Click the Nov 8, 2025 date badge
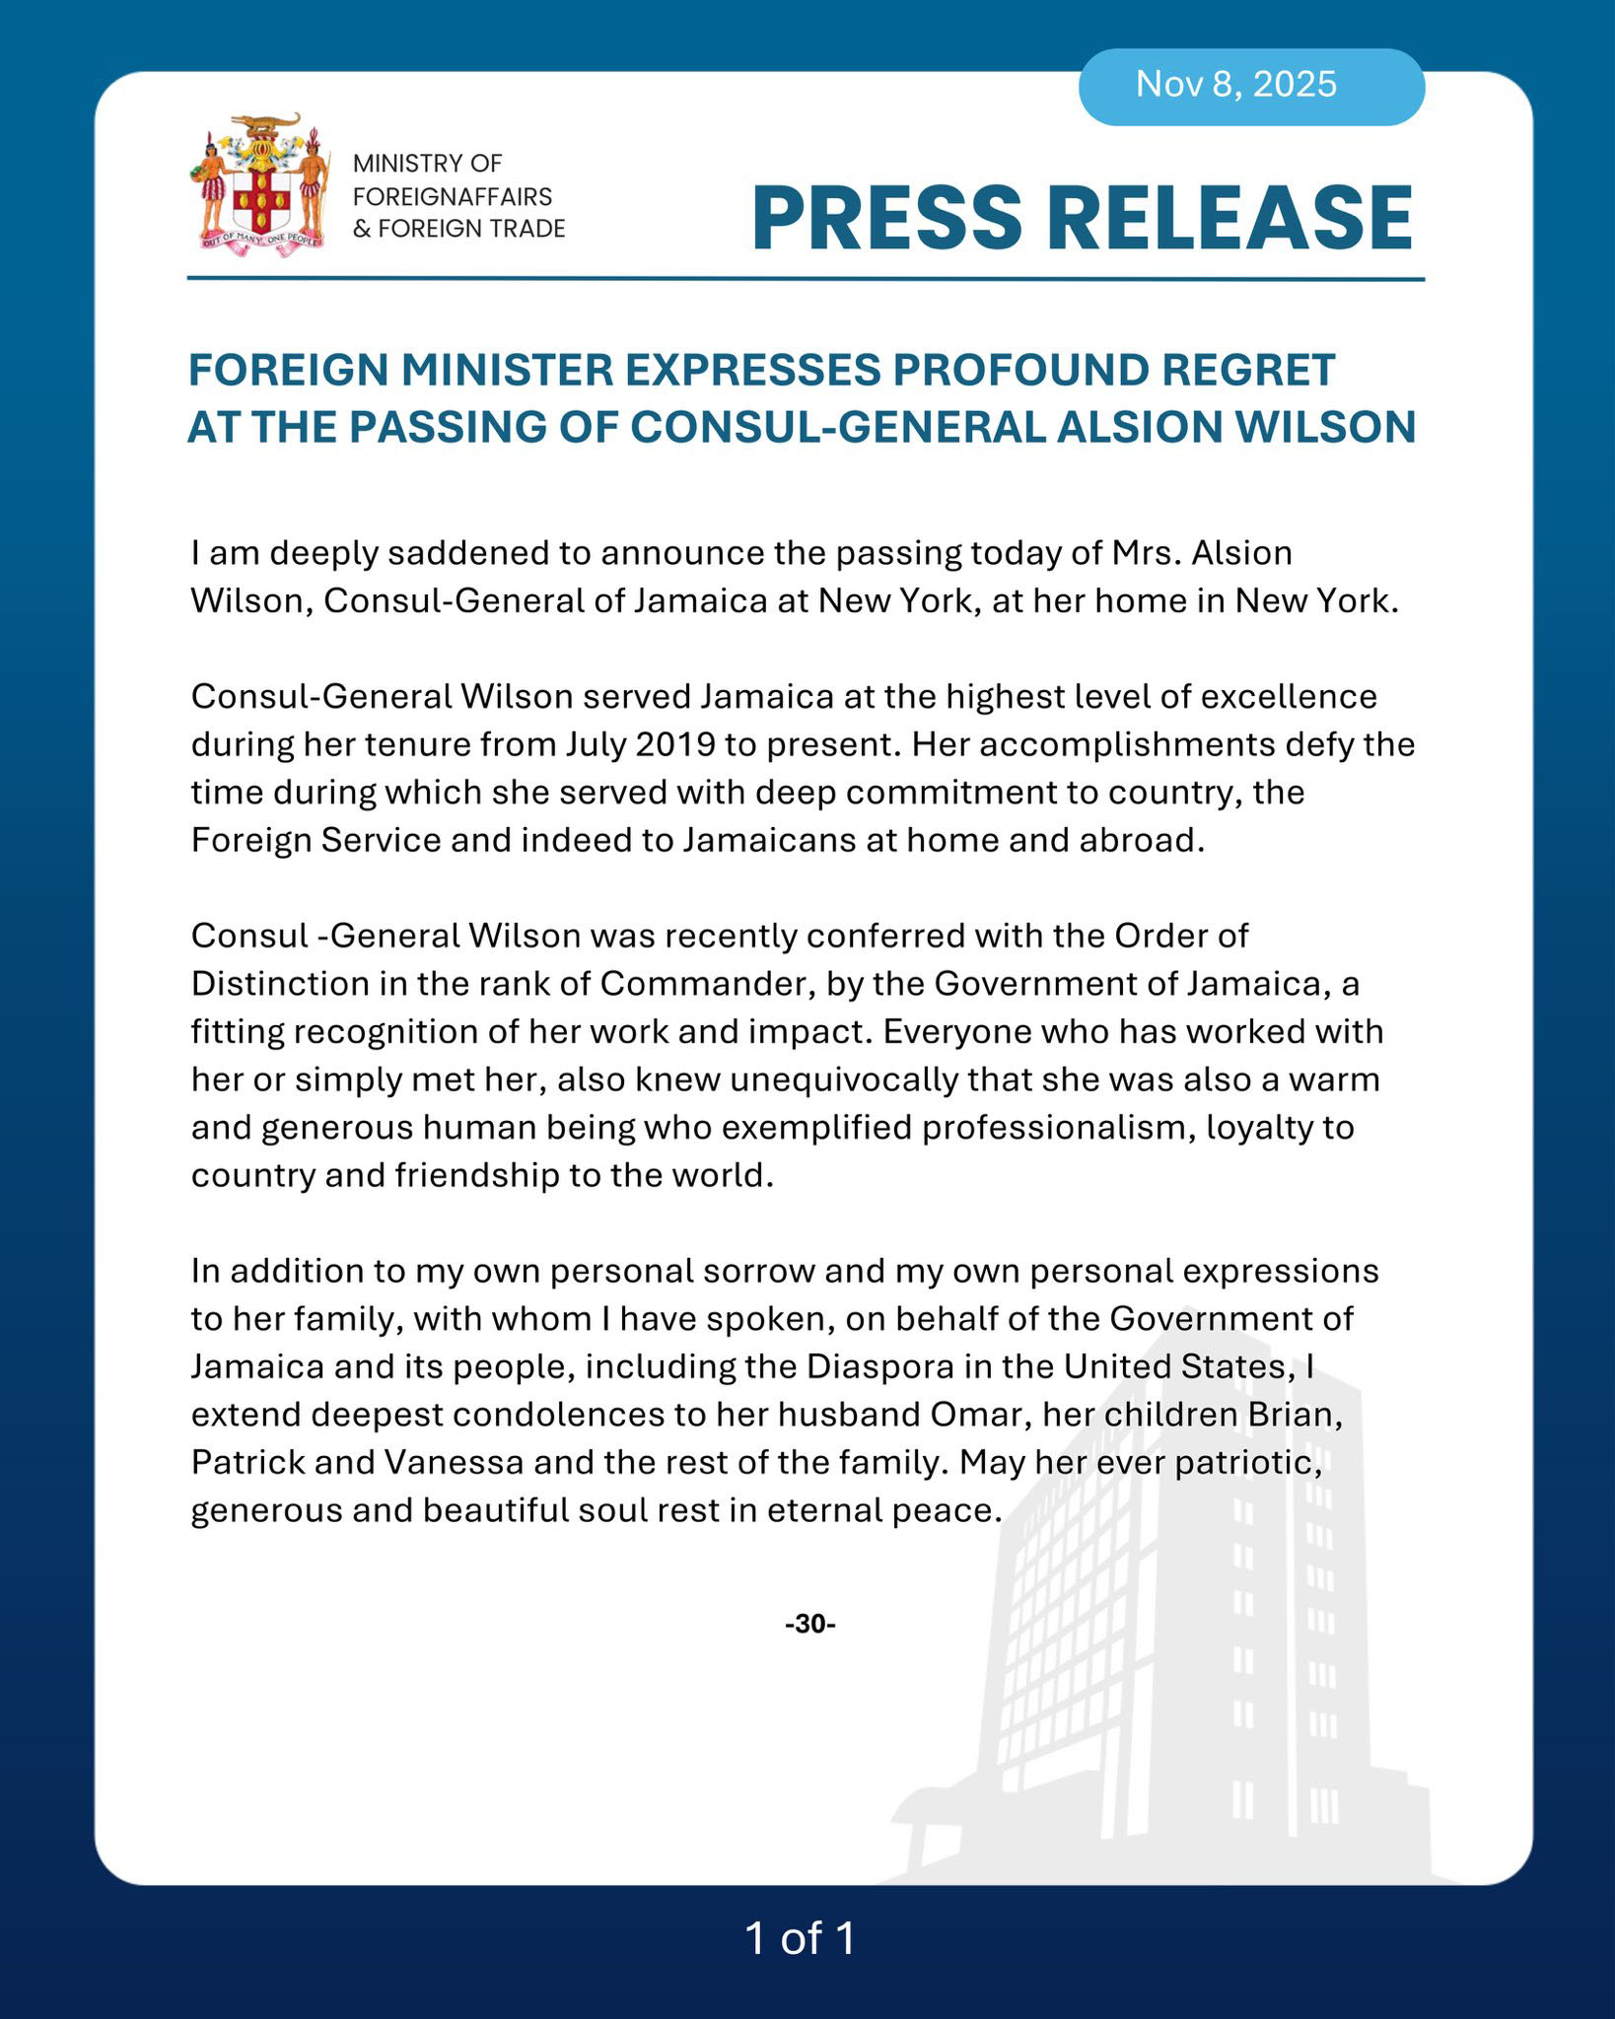click(1236, 85)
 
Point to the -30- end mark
click(809, 1624)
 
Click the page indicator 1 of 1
click(801, 1938)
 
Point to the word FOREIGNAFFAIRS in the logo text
click(453, 196)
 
